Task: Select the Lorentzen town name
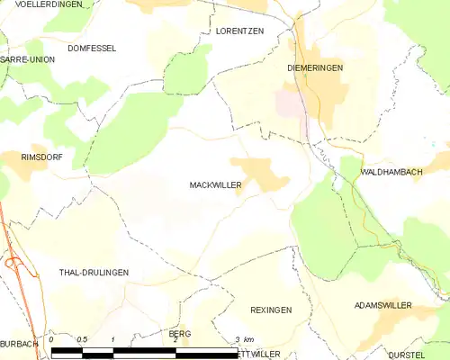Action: coord(239,31)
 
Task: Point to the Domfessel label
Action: coord(92,48)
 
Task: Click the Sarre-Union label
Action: coord(27,59)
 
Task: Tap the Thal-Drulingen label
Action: coord(94,272)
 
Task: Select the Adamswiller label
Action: coord(382,306)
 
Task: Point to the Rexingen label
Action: coord(271,310)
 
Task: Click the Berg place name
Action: coord(179,333)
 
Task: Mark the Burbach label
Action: coord(19,344)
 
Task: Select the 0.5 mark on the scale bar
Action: coord(82,339)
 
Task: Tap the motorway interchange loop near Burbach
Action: coord(14,263)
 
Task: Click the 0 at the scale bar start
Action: coord(52,339)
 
